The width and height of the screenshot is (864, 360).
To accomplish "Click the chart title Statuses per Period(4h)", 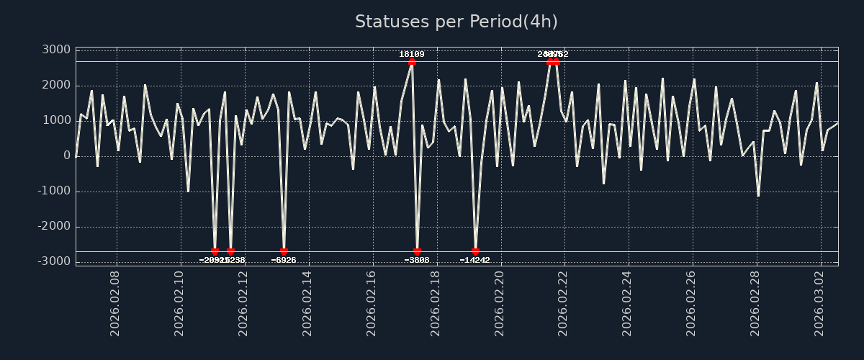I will (x=456, y=22).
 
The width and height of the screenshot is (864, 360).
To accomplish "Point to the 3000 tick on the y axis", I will (x=56, y=50).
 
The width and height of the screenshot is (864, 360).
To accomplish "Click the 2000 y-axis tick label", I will (x=56, y=85).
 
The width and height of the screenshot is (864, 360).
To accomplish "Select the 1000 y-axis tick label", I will (x=56, y=120).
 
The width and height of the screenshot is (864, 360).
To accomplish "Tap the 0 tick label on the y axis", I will (x=67, y=156).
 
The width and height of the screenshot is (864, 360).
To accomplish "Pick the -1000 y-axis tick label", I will (x=53, y=191).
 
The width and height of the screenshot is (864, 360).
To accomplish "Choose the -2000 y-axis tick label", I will (x=53, y=226).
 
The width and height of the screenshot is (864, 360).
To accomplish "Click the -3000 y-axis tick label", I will (x=53, y=261).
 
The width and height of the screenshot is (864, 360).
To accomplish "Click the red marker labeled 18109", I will (x=412, y=61).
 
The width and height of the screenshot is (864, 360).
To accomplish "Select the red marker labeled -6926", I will (x=284, y=252).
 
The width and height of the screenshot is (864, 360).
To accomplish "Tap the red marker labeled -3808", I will (x=417, y=252).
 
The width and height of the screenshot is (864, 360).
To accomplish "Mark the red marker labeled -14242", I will (x=475, y=252).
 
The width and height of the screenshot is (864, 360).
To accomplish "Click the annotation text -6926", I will (x=284, y=260).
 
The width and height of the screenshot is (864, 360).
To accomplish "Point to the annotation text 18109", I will (x=412, y=54).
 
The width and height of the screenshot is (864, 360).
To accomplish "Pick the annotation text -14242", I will (x=475, y=260).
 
